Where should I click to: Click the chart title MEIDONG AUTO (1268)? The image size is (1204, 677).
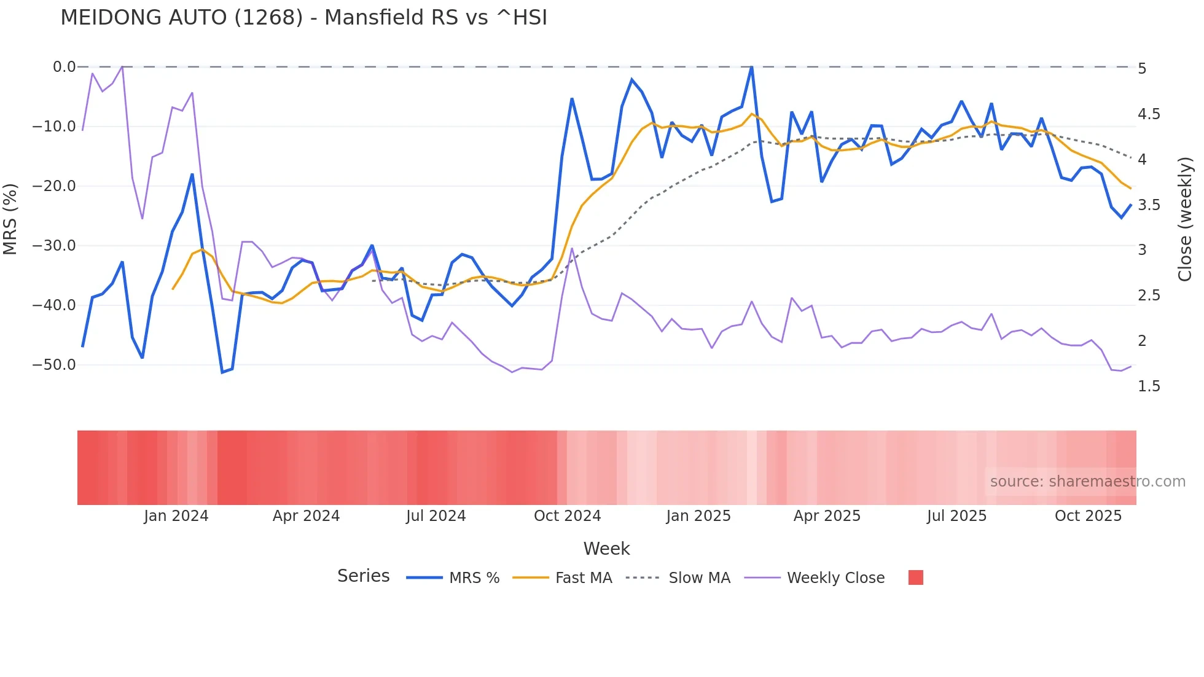303,18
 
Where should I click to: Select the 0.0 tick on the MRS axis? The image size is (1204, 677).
64,67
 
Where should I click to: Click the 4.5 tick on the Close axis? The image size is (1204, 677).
1149,114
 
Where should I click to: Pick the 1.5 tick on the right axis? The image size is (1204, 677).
1149,386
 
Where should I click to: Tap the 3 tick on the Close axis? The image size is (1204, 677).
1143,250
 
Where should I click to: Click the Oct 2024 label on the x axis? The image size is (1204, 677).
567,516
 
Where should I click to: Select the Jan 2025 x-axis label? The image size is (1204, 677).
698,516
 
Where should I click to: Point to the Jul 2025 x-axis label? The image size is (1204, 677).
956,516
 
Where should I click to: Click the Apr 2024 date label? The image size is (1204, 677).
306,516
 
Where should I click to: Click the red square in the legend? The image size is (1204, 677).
915,577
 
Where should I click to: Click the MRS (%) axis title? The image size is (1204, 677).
10,219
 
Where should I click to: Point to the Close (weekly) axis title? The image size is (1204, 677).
1185,219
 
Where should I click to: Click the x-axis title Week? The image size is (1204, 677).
606,549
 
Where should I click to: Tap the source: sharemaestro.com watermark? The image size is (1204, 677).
1087,482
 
